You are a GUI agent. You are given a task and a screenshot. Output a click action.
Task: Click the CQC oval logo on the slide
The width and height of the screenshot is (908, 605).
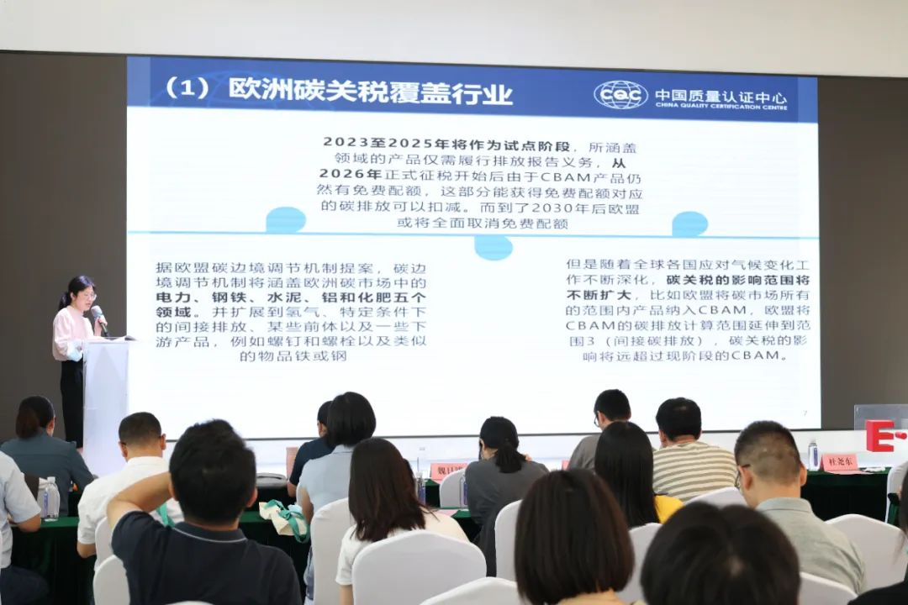pos(620,95)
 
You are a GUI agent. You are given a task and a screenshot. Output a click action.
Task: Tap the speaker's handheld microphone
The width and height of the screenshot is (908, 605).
pos(98,316)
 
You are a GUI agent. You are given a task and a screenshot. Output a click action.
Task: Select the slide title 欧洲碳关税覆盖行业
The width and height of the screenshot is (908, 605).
pos(370,91)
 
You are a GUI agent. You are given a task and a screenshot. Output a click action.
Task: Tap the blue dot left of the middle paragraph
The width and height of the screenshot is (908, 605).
pos(286,220)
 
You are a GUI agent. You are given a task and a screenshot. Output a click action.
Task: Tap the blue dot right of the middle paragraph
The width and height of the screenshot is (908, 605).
pos(689,224)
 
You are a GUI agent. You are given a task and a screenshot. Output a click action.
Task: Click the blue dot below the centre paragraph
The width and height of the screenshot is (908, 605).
pos(494,247)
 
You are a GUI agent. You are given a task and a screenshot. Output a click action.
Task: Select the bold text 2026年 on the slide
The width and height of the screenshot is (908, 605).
pos(338,175)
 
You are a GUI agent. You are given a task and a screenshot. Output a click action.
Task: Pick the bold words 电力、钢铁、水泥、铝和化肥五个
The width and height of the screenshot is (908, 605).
pos(291,298)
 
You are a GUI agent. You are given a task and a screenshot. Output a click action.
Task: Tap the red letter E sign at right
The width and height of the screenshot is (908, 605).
pos(880,435)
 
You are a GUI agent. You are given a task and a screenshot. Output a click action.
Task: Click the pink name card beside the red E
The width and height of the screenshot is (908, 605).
pos(838,462)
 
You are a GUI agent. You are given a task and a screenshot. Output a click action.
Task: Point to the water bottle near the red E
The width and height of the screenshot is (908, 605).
pos(813,455)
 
